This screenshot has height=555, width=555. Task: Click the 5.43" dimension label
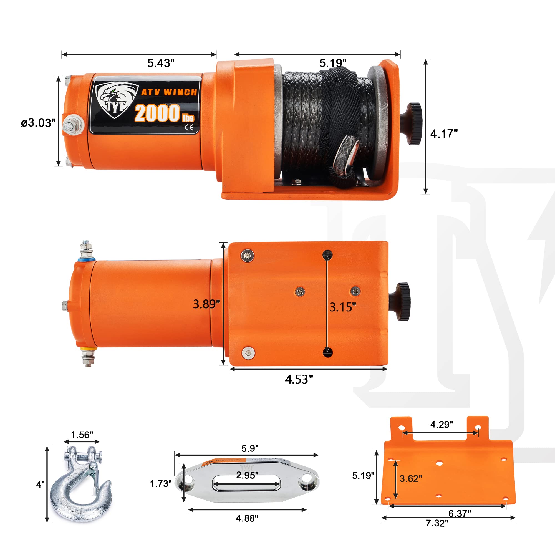coord(161,63)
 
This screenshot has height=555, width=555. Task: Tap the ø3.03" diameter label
coord(38,123)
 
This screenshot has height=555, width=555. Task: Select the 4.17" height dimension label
coord(444,134)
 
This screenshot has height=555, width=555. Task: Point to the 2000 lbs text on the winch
coord(164,113)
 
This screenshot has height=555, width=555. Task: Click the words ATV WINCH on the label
coord(169,92)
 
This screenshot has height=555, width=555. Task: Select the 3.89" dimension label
coord(206,304)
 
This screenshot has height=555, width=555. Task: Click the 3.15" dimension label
coord(342,307)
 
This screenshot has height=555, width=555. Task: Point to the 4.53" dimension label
coord(299,379)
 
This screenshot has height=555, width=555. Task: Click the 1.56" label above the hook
coord(82,435)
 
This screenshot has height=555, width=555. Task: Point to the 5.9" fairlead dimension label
coord(250,448)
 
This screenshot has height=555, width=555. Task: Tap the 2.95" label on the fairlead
coord(247,475)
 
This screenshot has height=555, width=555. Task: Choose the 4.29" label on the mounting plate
coord(442,424)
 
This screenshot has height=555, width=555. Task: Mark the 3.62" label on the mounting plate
coord(411,479)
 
